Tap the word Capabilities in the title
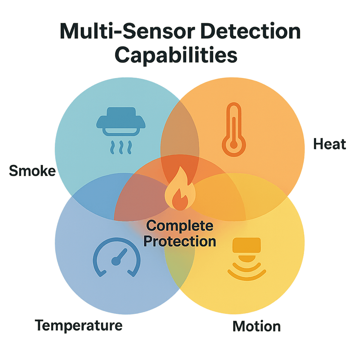tap(176, 55)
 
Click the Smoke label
tap(32, 171)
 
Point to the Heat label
tap(329, 144)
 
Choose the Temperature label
tap(79, 325)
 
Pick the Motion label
tap(257, 326)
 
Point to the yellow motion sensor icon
tap(246, 258)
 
